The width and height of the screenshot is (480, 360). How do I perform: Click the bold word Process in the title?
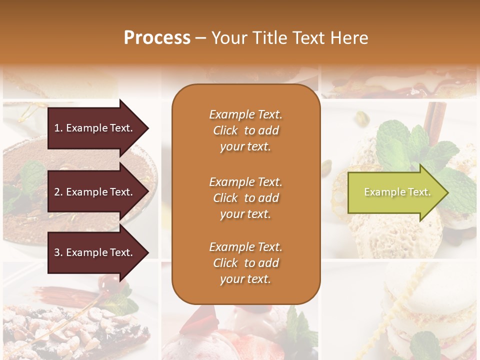(x=157, y=37)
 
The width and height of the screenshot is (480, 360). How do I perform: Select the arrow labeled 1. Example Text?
(x=95, y=128)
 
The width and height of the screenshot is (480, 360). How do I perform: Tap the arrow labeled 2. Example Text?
(x=95, y=192)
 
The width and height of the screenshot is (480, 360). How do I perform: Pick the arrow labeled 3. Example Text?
(x=95, y=252)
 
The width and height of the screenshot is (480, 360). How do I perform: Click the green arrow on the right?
(x=395, y=192)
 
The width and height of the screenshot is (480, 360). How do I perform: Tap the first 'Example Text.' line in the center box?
(x=245, y=114)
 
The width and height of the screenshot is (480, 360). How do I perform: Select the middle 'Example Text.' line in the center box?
(x=245, y=182)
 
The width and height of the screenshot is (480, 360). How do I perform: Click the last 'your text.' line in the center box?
(x=245, y=279)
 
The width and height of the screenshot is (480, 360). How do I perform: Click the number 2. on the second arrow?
(x=58, y=192)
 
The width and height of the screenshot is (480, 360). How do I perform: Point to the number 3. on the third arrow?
(x=58, y=252)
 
